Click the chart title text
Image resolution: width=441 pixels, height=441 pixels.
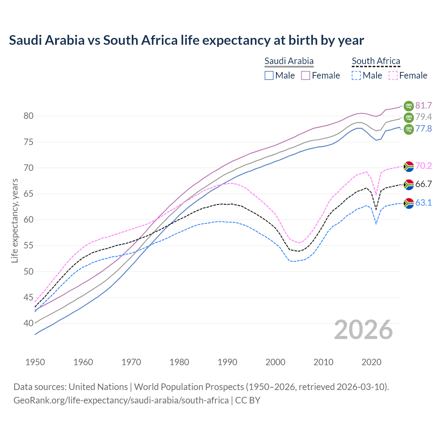pyautogui.click(x=186, y=40)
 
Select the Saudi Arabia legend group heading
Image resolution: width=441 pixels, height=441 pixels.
pyautogui.click(x=289, y=61)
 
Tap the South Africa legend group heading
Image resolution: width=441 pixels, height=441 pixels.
pyautogui.click(x=376, y=61)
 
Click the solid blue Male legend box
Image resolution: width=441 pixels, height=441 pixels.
pyautogui.click(x=269, y=75)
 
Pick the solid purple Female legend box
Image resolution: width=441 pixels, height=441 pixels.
pyautogui.click(x=306, y=75)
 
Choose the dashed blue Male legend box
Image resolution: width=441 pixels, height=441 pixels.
pyautogui.click(x=356, y=75)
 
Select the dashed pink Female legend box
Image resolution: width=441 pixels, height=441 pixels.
pyautogui.click(x=393, y=75)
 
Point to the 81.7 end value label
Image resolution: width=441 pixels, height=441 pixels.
pyautogui.click(x=423, y=105)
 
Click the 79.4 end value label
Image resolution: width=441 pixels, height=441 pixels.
pyautogui.click(x=423, y=117)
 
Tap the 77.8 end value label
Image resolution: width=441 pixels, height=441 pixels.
pyautogui.click(x=423, y=129)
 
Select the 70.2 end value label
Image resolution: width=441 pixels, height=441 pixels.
pyautogui.click(x=423, y=166)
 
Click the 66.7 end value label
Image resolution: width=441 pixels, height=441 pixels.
pyautogui.click(x=423, y=184)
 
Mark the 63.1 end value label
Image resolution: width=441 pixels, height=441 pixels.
pyautogui.click(x=423, y=203)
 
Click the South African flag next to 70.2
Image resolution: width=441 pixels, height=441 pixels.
pyautogui.click(x=409, y=166)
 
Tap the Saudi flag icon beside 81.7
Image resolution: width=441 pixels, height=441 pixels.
pyautogui.click(x=409, y=105)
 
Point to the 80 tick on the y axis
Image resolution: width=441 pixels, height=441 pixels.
pyautogui.click(x=28, y=116)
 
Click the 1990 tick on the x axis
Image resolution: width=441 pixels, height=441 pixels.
pyautogui.click(x=227, y=362)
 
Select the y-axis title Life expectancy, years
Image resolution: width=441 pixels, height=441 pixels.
pyautogui.click(x=14, y=220)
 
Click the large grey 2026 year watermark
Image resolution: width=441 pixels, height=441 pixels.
pyautogui.click(x=363, y=330)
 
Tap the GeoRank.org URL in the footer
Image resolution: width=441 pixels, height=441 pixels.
pyautogui.click(x=121, y=400)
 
